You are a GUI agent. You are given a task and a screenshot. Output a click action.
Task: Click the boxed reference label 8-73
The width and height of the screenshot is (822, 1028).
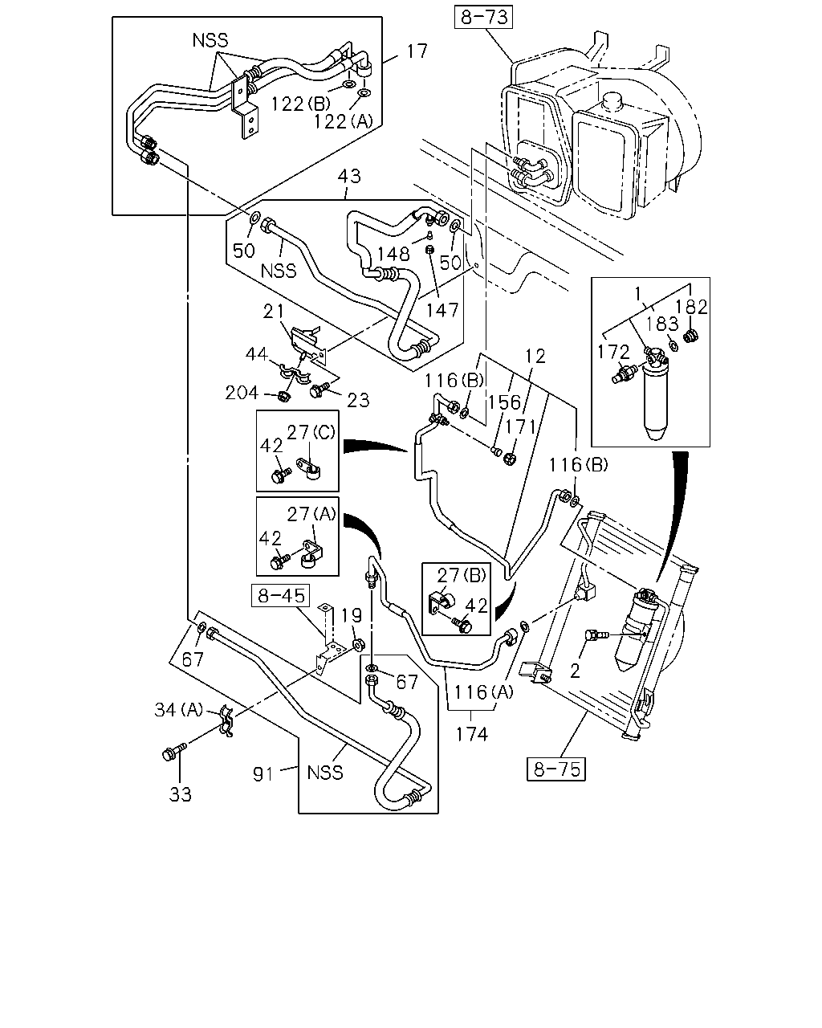tap(483, 18)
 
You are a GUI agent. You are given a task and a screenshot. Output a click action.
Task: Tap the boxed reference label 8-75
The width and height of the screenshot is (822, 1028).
tap(556, 769)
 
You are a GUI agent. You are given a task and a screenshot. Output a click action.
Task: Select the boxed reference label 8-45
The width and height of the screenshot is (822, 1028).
tap(281, 595)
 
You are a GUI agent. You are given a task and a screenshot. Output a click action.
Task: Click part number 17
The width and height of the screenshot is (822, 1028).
tap(417, 51)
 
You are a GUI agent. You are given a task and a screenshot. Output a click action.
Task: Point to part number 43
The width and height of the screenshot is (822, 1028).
tap(348, 176)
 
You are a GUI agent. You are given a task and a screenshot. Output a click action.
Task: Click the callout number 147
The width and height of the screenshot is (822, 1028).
tap(442, 311)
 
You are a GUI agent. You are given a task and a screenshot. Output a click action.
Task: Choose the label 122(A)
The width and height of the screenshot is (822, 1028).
tap(343, 122)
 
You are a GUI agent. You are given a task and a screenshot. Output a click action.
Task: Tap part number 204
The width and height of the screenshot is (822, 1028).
tap(242, 394)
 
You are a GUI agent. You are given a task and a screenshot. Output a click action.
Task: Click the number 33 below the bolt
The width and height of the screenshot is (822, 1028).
tap(180, 794)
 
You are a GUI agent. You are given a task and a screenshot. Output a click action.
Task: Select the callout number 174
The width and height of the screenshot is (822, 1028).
tap(471, 734)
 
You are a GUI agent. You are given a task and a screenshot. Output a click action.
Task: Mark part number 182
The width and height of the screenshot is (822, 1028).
tap(692, 307)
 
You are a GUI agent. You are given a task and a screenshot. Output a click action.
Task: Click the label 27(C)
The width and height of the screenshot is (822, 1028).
tap(311, 432)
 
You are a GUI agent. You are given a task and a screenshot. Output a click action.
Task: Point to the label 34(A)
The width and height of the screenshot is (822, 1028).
tap(179, 710)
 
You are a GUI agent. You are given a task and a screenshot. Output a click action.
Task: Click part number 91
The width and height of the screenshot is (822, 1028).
tap(263, 774)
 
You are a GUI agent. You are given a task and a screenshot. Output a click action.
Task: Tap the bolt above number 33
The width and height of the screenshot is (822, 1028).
tap(174, 752)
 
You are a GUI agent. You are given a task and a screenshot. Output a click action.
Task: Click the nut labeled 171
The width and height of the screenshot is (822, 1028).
tap(510, 459)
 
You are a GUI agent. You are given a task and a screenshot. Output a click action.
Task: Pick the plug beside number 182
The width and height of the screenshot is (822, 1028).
tap(689, 336)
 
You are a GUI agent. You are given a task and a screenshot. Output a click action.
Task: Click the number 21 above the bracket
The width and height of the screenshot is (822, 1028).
tap(274, 312)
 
